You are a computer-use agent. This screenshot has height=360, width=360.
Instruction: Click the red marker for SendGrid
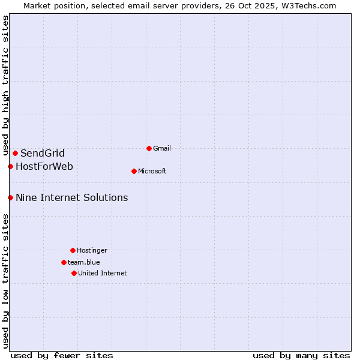click(x=15, y=153)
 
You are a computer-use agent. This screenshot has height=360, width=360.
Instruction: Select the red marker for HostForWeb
click(x=10, y=166)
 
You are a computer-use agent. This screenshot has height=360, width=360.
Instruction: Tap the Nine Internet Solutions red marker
click(x=10, y=197)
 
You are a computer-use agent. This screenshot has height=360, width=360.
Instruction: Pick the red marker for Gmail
click(x=149, y=148)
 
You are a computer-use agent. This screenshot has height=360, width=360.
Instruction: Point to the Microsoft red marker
click(x=134, y=171)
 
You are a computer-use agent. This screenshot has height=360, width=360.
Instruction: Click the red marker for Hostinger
click(x=73, y=250)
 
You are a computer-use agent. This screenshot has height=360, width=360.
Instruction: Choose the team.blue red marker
click(x=64, y=262)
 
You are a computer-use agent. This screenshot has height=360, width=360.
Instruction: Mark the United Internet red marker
click(x=74, y=273)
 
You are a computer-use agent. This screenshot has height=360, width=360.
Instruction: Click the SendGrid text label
click(x=43, y=153)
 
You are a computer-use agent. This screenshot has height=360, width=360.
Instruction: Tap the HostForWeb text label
click(x=44, y=166)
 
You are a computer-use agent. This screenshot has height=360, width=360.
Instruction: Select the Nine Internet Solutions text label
click(x=72, y=197)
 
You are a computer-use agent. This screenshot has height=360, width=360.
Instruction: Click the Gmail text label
click(x=163, y=148)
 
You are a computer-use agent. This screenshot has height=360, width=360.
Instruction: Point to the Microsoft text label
click(x=152, y=171)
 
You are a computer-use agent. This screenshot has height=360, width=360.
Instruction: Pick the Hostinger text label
click(x=92, y=250)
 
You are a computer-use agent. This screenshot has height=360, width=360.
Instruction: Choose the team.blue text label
click(x=84, y=262)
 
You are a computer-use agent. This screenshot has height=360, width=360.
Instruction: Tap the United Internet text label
click(x=103, y=273)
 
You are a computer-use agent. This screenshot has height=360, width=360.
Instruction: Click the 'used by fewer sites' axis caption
click(x=62, y=355)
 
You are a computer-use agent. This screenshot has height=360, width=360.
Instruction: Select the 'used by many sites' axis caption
click(x=301, y=355)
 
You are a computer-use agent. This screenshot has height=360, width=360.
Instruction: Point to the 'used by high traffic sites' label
click(x=5, y=86)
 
